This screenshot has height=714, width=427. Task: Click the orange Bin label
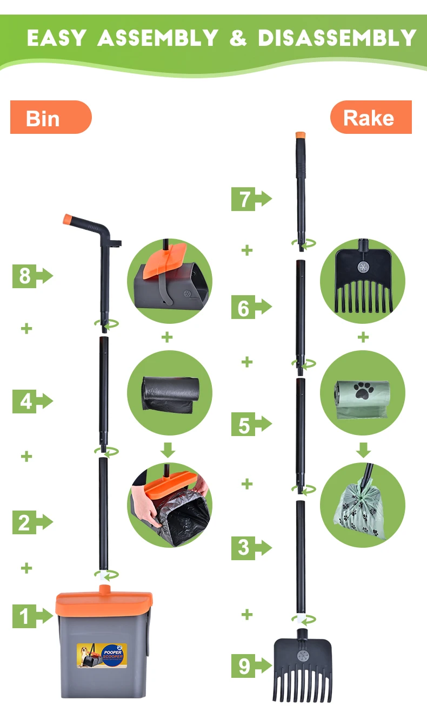click(x=50, y=118)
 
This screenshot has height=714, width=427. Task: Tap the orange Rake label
click(x=371, y=118)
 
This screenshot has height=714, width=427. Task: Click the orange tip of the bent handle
click(x=68, y=219)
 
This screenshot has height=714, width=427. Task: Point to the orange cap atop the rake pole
click(x=301, y=135)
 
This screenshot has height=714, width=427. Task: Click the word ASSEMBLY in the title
click(x=157, y=38)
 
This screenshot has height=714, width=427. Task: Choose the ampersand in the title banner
click(x=238, y=38)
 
